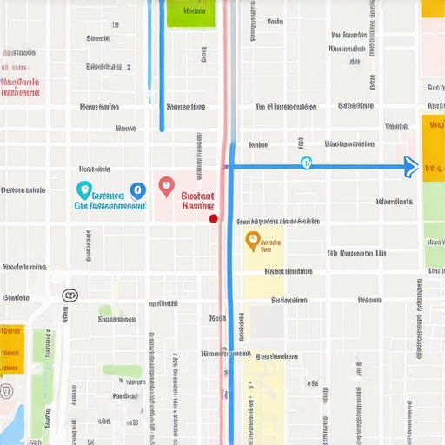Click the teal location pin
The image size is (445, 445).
[83, 189]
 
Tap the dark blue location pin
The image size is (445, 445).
[136, 189]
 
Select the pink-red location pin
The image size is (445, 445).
[167, 185]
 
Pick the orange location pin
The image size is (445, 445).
[252, 239]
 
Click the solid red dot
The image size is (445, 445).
[213, 218]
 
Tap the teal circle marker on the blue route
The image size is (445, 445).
[306, 163]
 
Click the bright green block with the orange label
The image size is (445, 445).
[190, 12]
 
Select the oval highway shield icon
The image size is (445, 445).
[70, 296]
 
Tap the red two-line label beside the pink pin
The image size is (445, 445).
[198, 202]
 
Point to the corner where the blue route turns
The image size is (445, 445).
[231, 166]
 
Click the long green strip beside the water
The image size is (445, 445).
[42, 382]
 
